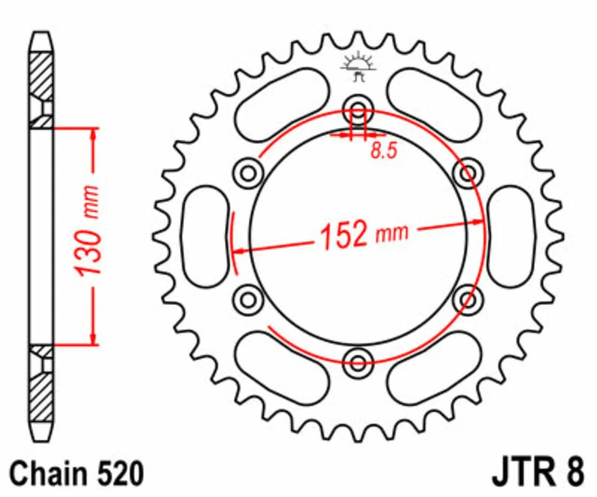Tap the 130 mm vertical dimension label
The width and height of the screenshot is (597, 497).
(88, 231)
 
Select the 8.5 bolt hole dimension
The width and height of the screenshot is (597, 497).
(384, 150)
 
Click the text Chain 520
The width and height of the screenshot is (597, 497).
(77, 474)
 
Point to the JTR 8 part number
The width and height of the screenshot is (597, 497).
(537, 472)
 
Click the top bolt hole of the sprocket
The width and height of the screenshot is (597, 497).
(357, 110)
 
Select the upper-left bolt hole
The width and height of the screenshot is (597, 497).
(249, 173)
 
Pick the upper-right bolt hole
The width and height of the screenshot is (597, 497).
(468, 173)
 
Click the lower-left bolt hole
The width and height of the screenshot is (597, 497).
(249, 299)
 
